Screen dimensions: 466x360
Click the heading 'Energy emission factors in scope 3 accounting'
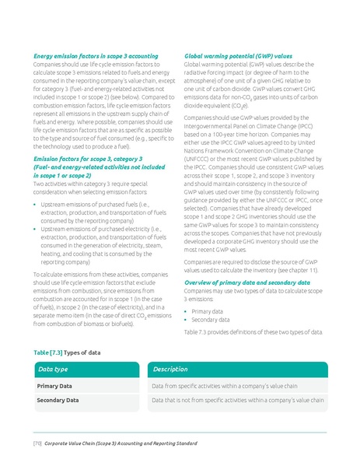[x=96, y=56]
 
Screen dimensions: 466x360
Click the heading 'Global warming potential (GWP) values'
[x=238, y=56]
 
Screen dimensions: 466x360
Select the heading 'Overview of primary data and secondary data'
[x=247, y=282]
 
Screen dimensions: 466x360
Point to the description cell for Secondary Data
[x=236, y=400]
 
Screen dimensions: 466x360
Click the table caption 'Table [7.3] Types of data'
[x=67, y=352]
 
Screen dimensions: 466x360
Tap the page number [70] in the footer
[x=37, y=443]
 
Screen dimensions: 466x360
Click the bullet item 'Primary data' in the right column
[x=206, y=310]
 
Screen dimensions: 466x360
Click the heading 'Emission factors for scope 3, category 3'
[x=88, y=157]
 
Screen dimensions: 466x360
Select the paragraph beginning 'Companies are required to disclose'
[x=253, y=267]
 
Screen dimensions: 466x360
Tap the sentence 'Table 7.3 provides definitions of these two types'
[x=253, y=331]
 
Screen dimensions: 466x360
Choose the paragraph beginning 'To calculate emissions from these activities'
[x=97, y=300]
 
